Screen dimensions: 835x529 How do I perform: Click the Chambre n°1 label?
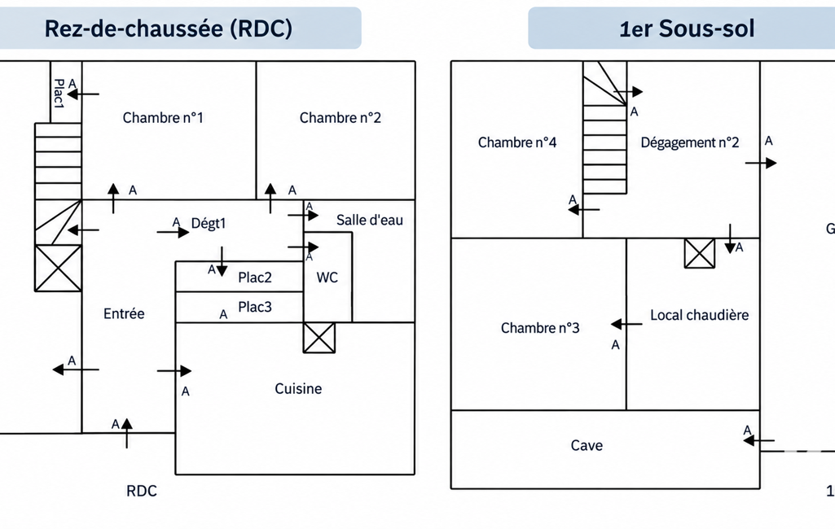(x=163, y=118)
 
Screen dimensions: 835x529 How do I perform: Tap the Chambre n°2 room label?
(x=341, y=118)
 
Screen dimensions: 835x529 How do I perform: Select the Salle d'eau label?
(x=370, y=220)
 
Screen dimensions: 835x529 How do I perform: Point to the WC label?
(x=327, y=278)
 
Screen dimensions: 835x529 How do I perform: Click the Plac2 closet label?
(x=254, y=278)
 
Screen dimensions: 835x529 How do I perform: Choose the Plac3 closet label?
(x=254, y=307)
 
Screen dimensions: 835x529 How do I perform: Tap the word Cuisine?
(x=298, y=388)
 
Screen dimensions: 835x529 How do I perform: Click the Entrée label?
(x=124, y=313)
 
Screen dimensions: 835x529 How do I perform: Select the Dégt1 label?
(x=209, y=223)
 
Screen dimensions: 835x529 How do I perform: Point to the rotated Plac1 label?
(x=59, y=94)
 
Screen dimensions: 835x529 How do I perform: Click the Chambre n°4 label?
(x=517, y=142)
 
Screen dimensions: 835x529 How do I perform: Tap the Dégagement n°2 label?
(x=690, y=142)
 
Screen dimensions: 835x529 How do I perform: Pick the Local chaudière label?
(x=699, y=315)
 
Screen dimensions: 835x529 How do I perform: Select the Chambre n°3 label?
(x=540, y=328)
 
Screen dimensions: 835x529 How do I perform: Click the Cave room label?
(x=587, y=445)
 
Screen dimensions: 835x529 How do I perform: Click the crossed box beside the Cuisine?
(x=319, y=338)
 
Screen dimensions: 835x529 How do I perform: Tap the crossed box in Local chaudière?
(x=699, y=253)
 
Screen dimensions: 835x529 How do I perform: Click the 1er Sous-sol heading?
(x=687, y=28)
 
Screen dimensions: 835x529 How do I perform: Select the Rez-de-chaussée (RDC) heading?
(x=169, y=28)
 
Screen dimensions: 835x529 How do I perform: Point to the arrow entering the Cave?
(x=758, y=440)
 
